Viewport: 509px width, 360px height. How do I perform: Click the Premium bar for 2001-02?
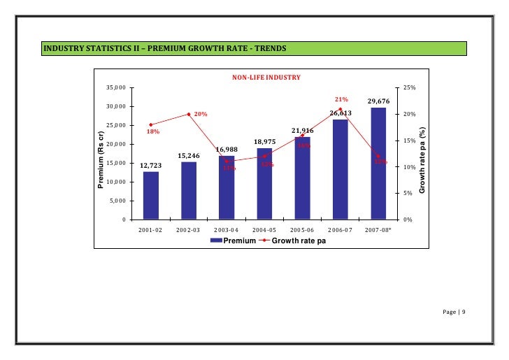[x=150, y=195]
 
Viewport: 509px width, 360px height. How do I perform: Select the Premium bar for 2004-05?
[x=264, y=183]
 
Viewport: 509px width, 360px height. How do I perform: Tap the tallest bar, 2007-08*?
[x=378, y=164]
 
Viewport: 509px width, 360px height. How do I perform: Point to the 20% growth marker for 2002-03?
[x=189, y=114]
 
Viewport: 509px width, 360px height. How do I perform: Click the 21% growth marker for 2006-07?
[x=340, y=109]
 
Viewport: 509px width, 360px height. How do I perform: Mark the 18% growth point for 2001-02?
[x=151, y=124]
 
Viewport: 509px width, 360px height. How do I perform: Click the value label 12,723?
[x=151, y=166]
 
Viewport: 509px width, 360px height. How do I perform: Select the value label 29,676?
[x=378, y=101]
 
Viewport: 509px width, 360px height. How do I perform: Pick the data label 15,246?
[x=189, y=156]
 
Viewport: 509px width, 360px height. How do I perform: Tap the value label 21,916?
[x=302, y=131]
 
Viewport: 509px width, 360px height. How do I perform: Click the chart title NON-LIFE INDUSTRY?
[x=266, y=78]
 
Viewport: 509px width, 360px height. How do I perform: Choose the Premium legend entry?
[x=233, y=240]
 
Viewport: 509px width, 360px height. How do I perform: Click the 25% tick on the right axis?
[x=410, y=88]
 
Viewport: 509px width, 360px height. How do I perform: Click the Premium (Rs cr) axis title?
[x=101, y=159]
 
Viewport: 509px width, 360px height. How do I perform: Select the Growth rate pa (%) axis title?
[x=422, y=160]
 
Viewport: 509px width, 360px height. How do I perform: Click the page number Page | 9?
[x=454, y=311]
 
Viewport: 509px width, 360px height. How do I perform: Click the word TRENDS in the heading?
[x=266, y=49]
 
